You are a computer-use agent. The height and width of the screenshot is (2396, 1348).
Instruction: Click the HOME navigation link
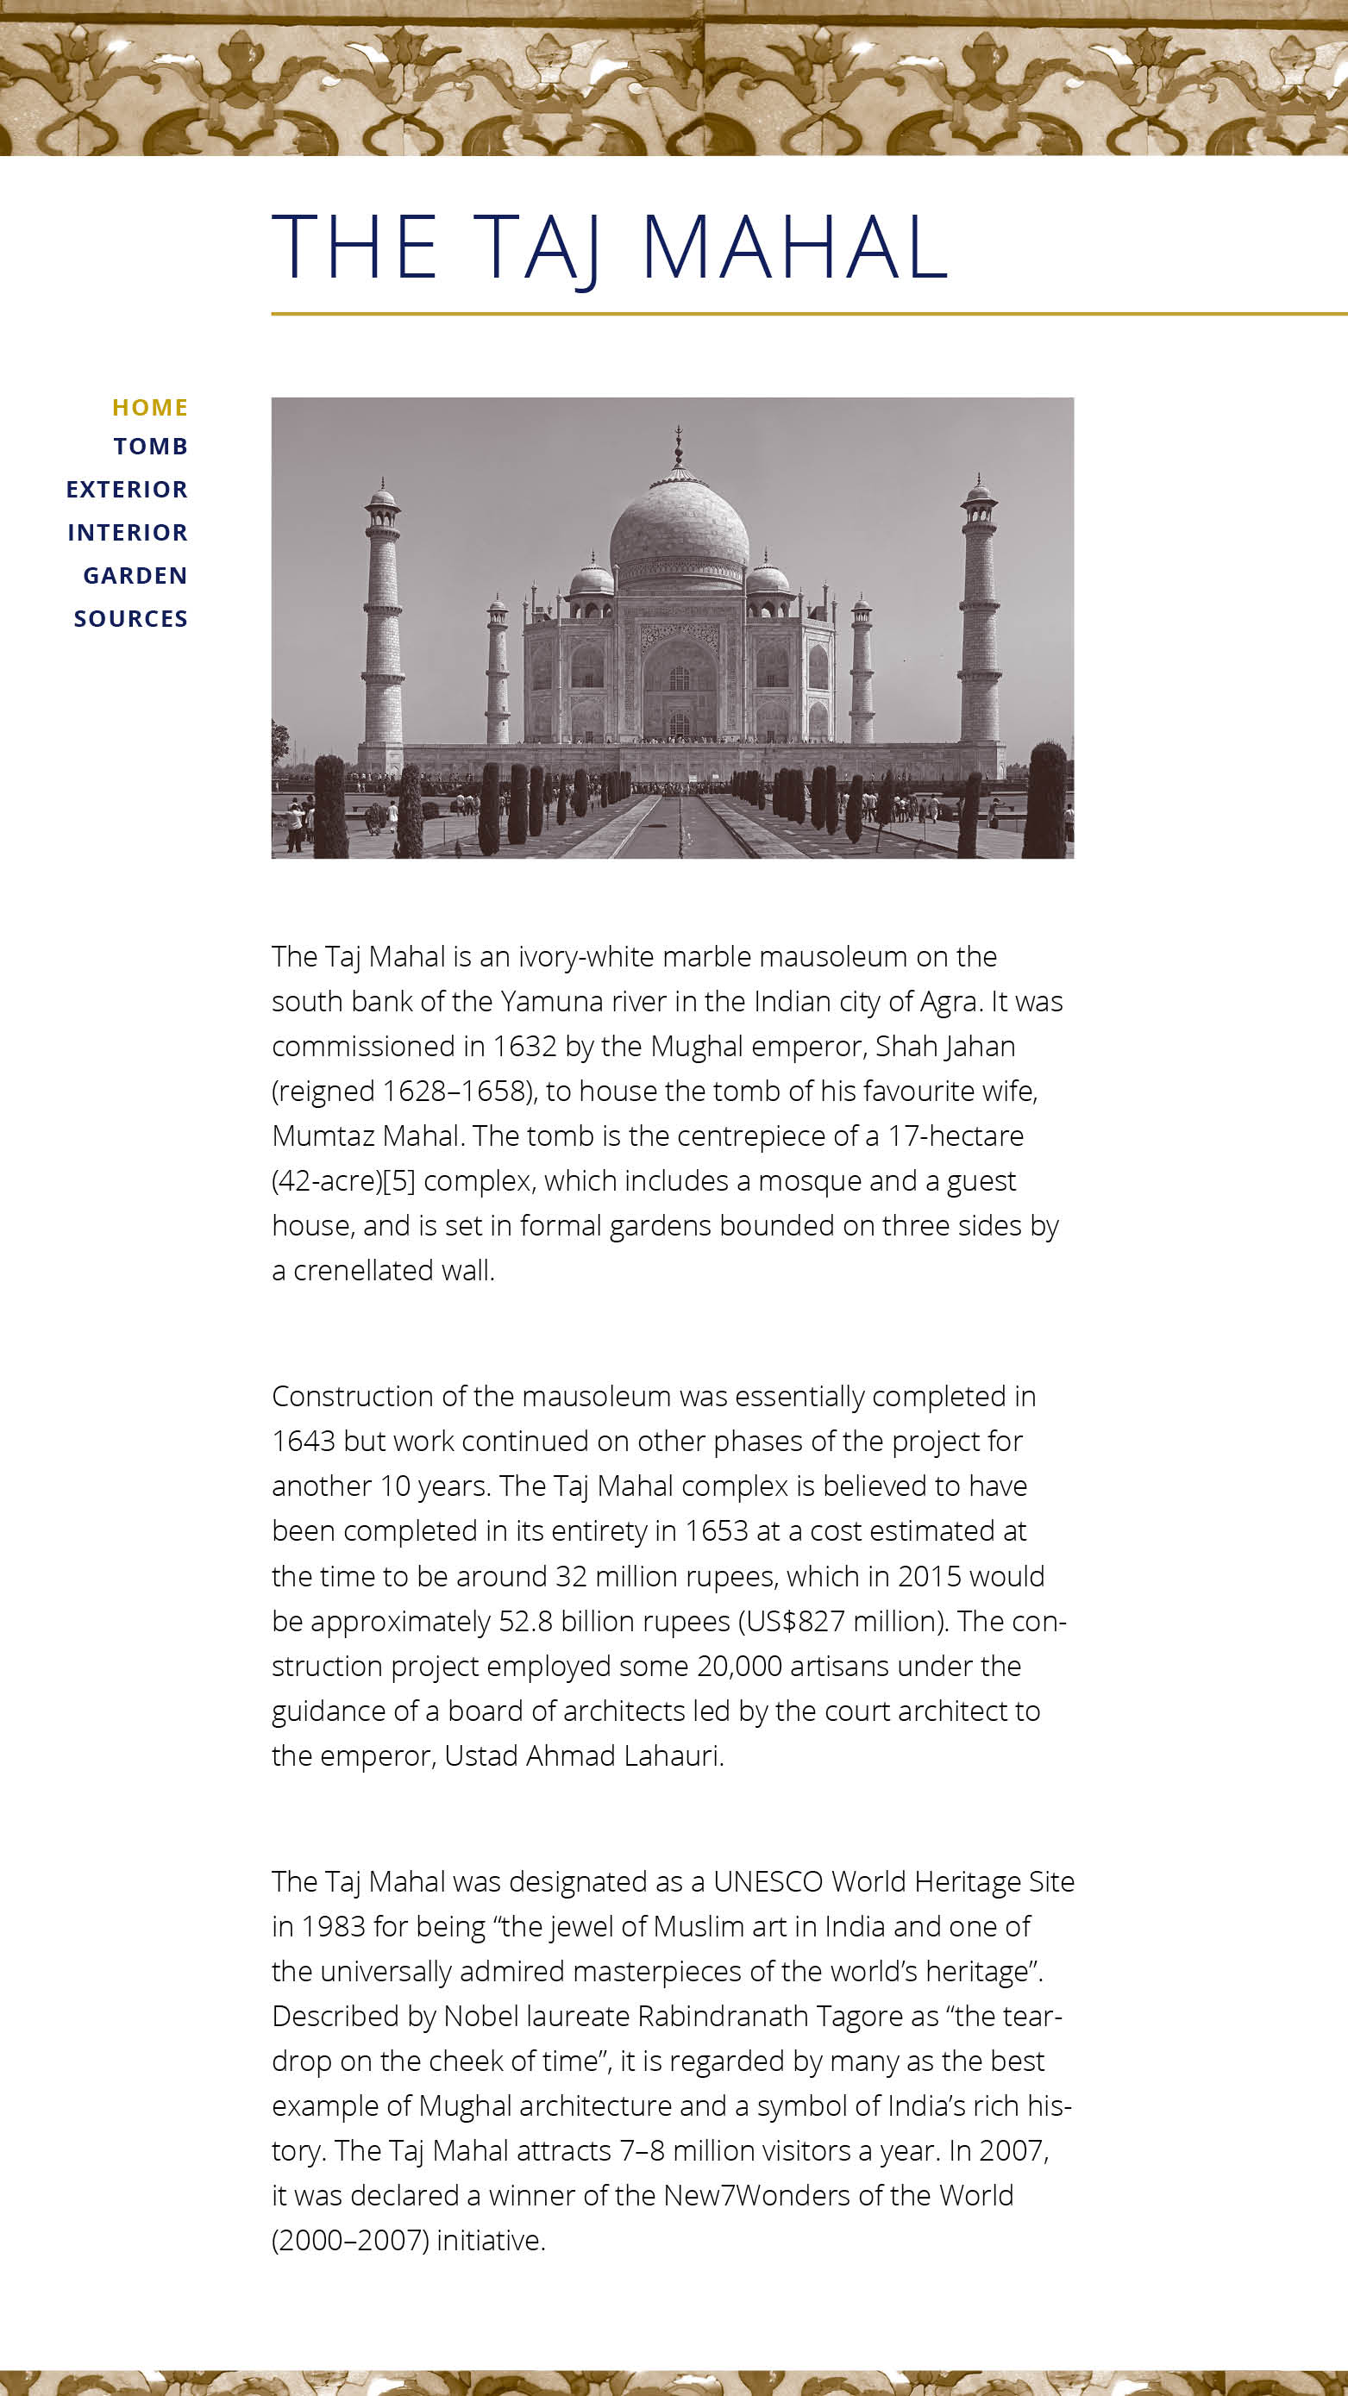[150, 408]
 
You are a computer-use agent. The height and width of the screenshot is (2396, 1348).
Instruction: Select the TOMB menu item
[151, 447]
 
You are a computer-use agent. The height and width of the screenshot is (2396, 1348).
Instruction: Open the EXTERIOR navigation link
[127, 489]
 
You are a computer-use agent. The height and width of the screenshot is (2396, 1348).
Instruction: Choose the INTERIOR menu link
[128, 532]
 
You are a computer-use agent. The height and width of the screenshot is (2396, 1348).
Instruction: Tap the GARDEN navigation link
[135, 576]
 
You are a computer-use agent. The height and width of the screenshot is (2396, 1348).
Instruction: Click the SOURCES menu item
[130, 618]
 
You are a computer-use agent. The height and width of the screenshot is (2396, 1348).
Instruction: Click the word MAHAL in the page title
[794, 247]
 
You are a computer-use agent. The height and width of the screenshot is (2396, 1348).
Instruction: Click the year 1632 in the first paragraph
[524, 1047]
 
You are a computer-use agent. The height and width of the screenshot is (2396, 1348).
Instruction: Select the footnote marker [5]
[399, 1181]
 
